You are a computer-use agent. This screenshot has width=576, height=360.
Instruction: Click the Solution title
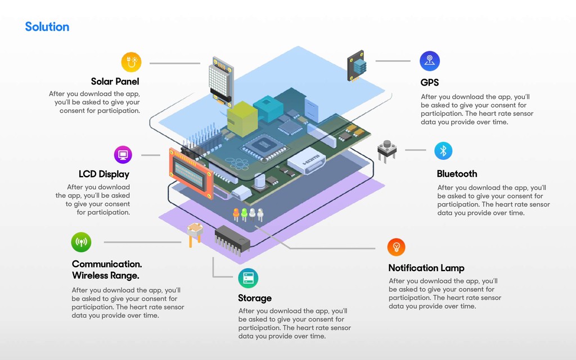[47, 26]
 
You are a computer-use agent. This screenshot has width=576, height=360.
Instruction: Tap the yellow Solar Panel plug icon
[131, 62]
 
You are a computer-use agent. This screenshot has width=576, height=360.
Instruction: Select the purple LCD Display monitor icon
[123, 154]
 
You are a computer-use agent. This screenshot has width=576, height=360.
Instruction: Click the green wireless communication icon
[81, 242]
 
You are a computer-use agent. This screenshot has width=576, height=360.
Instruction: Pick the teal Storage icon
[247, 278]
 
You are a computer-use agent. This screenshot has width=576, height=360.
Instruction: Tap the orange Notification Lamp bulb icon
[396, 247]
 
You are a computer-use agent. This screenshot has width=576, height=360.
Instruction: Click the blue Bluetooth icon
[443, 150]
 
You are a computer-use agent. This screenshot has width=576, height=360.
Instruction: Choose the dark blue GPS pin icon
[430, 61]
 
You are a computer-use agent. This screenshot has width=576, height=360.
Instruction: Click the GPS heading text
[430, 82]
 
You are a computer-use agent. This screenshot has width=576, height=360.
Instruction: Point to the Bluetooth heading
[457, 174]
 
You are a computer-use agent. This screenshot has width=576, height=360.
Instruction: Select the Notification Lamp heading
[426, 268]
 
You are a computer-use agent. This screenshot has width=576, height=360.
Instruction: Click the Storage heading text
[255, 298]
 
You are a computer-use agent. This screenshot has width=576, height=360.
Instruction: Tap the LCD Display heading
[104, 174]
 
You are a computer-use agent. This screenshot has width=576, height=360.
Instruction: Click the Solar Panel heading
[115, 82]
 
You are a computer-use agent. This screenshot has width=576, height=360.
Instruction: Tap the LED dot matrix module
[220, 80]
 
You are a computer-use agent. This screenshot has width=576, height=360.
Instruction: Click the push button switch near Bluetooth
[387, 150]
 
